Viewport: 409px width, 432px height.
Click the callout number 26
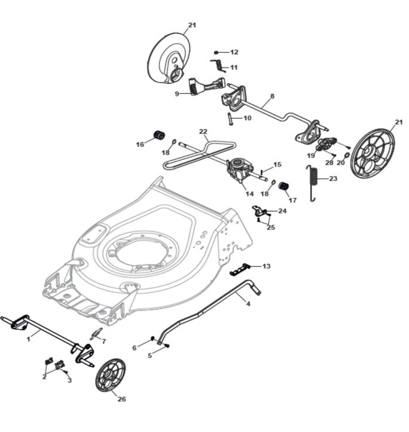(x=121, y=399)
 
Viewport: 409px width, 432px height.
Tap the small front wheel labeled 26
(x=111, y=375)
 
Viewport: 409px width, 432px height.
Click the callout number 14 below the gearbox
(x=250, y=194)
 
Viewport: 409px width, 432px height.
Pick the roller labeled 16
(x=159, y=135)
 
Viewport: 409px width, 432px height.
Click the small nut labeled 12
(x=216, y=53)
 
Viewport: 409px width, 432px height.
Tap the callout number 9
(x=177, y=94)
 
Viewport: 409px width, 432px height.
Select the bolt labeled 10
(x=230, y=118)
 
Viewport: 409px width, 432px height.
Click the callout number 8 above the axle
(x=272, y=96)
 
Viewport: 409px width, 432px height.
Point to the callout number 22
(x=203, y=132)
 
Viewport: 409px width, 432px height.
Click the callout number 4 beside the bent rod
(x=248, y=303)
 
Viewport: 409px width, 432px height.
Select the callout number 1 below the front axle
(x=28, y=339)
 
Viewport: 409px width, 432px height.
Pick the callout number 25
(x=271, y=227)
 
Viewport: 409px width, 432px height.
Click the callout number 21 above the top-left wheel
(x=192, y=25)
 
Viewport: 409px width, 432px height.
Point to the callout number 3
(x=69, y=380)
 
